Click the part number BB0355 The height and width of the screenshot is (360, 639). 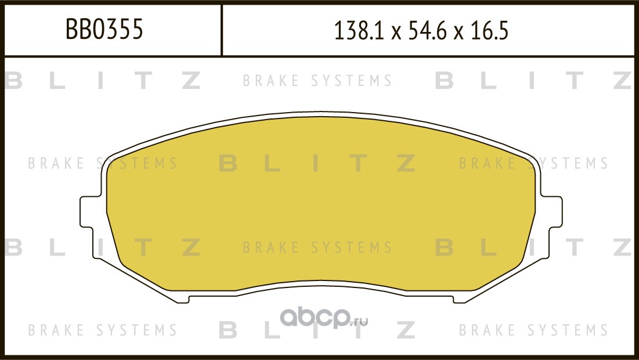tap(104, 29)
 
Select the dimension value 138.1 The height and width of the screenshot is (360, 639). tap(359, 31)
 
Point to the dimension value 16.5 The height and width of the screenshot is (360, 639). tap(489, 31)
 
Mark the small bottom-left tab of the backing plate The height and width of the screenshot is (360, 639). tap(183, 298)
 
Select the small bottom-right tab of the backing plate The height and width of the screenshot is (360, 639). tap(459, 298)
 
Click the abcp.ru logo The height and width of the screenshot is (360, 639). tap(324, 318)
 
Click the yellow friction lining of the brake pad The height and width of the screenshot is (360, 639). tap(321, 204)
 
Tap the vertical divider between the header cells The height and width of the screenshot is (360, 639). tap(221, 30)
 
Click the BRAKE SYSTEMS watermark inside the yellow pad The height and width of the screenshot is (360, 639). tap(317, 247)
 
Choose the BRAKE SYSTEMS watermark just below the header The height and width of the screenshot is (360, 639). tap(317, 81)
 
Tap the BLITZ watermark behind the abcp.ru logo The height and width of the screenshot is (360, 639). tap(317, 330)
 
